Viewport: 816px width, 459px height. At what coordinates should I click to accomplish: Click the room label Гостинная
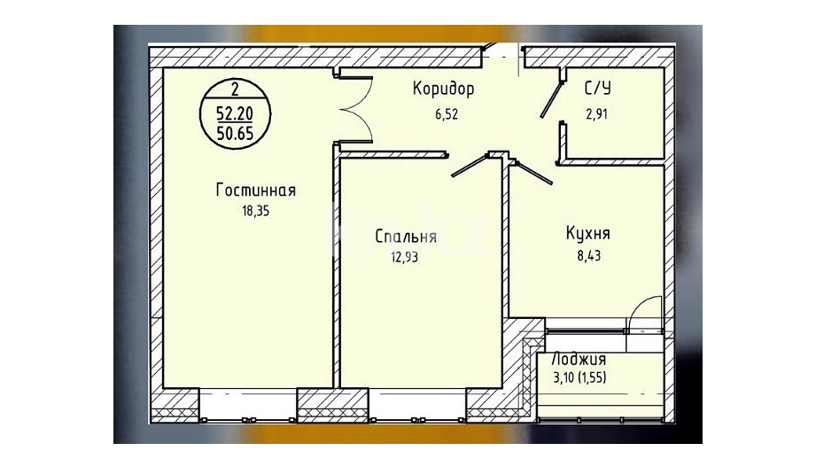pos(255,190)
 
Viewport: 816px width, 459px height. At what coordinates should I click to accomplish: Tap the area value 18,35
pos(255,211)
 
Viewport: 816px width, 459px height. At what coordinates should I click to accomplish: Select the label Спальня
pos(406,237)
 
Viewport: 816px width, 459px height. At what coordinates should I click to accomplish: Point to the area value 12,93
pos(404,257)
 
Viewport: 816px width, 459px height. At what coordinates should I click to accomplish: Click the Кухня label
pos(588,234)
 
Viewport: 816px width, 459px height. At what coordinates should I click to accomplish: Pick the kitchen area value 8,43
pos(589,255)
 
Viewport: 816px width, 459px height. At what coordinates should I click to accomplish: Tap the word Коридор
pos(443,89)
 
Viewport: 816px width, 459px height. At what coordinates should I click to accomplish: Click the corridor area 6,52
pos(447,114)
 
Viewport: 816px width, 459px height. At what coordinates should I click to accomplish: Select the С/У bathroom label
pos(598,89)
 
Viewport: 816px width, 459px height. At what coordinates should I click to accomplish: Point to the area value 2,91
pos(596,114)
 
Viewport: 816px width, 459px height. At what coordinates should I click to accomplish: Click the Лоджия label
pos(579,360)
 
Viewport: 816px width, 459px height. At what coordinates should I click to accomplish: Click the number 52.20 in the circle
pos(235,113)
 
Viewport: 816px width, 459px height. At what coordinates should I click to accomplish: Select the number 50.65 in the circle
pos(235,133)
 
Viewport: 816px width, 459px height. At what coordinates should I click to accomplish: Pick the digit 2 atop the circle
pos(235,89)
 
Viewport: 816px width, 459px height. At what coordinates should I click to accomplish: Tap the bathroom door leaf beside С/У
pos(552,99)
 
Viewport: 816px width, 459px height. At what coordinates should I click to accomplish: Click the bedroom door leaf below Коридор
pos(469,167)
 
